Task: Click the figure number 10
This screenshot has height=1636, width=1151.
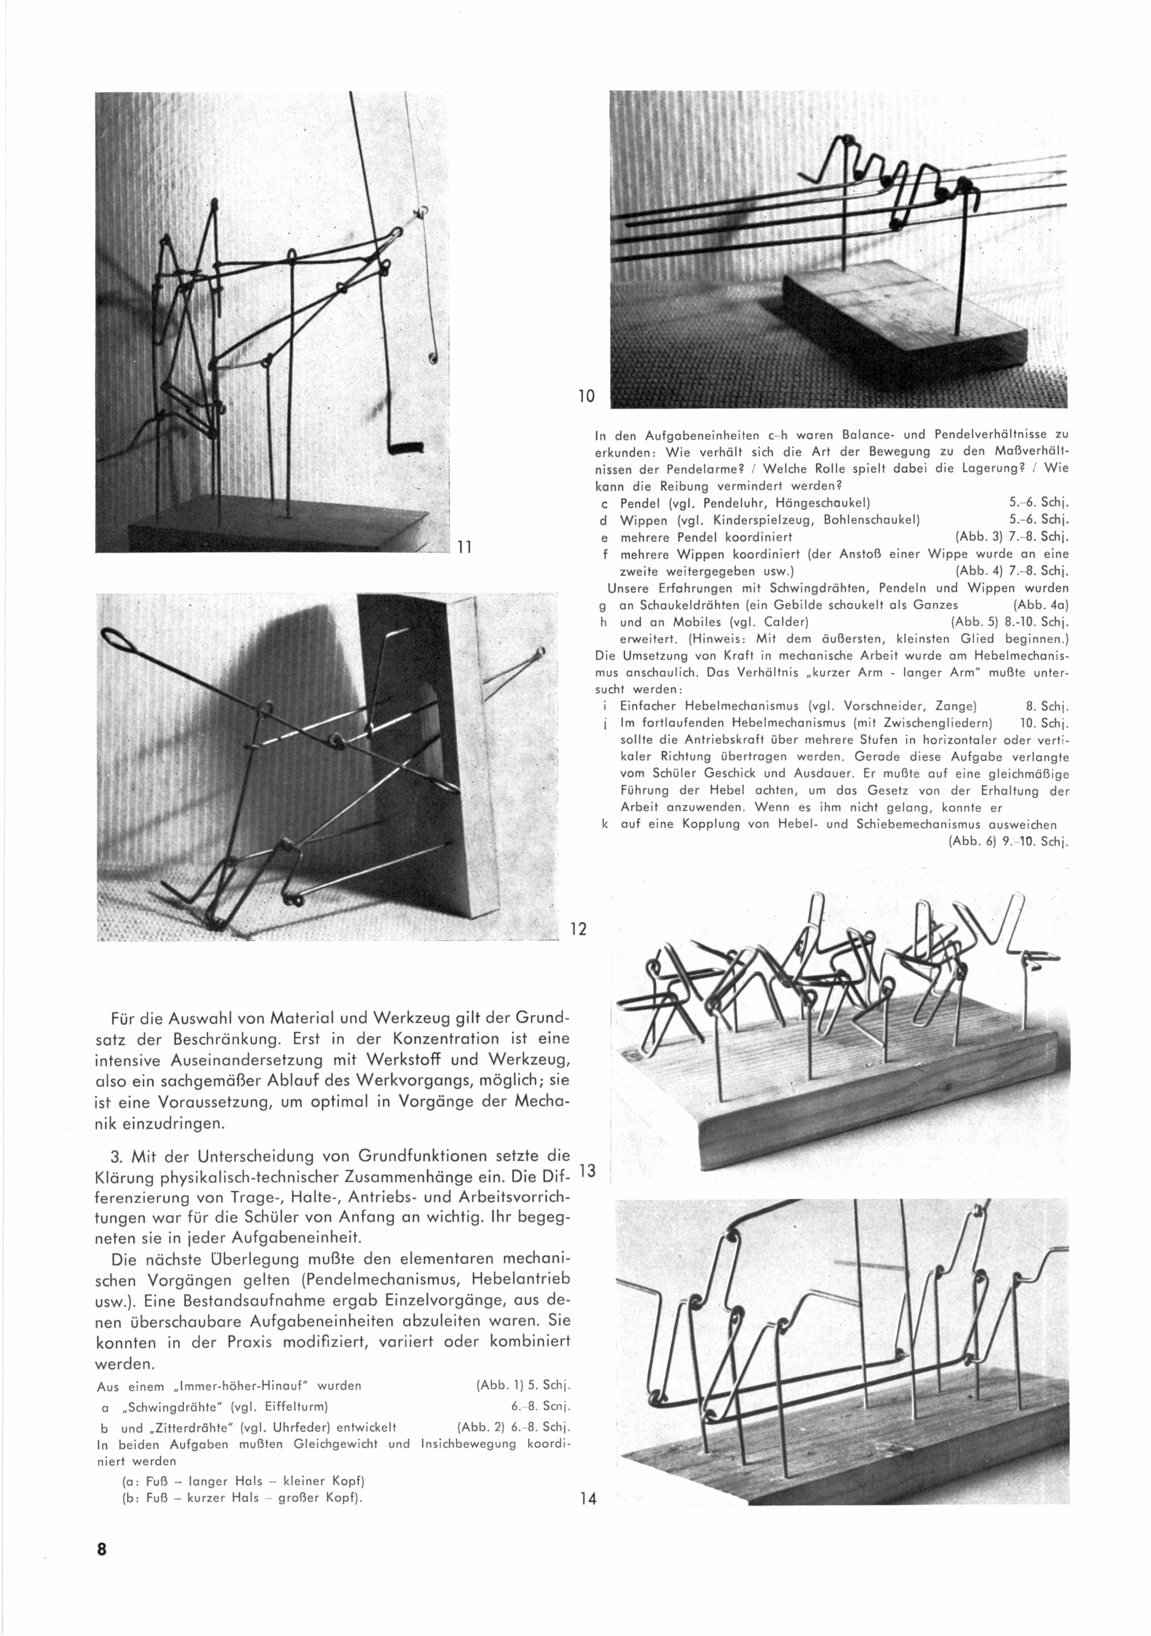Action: pos(586,396)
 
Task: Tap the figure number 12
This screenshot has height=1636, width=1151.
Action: pos(578,928)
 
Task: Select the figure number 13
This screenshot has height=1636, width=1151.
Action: pos(588,1171)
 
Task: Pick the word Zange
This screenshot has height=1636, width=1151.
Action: pos(953,707)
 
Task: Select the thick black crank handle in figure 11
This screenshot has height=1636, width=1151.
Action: pos(406,448)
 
